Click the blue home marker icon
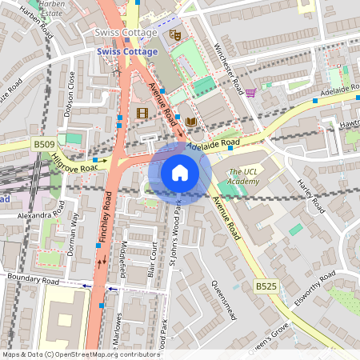point(180,173)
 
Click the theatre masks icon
point(174,35)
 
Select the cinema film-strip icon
point(142,114)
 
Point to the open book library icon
point(190,122)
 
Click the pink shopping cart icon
point(251,93)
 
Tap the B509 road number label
point(44,144)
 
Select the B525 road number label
point(266,286)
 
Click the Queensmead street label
point(223,299)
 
